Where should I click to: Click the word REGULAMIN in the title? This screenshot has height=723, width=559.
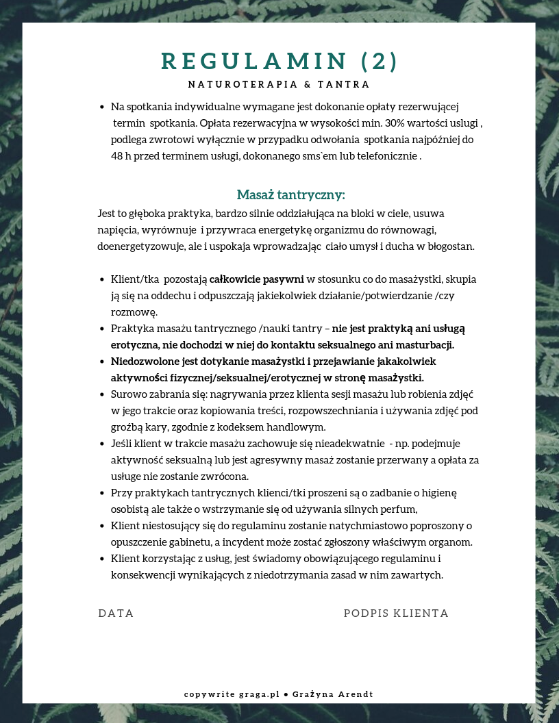click(x=254, y=62)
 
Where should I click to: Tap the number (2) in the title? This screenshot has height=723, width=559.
click(x=379, y=62)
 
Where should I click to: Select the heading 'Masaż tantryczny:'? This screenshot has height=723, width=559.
click(x=290, y=194)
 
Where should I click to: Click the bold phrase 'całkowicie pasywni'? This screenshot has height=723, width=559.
click(x=257, y=279)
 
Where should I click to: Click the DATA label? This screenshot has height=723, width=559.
click(x=116, y=613)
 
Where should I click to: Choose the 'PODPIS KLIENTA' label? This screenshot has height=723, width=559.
click(x=396, y=613)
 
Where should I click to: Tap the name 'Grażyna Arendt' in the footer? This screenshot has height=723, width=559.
click(x=333, y=694)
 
